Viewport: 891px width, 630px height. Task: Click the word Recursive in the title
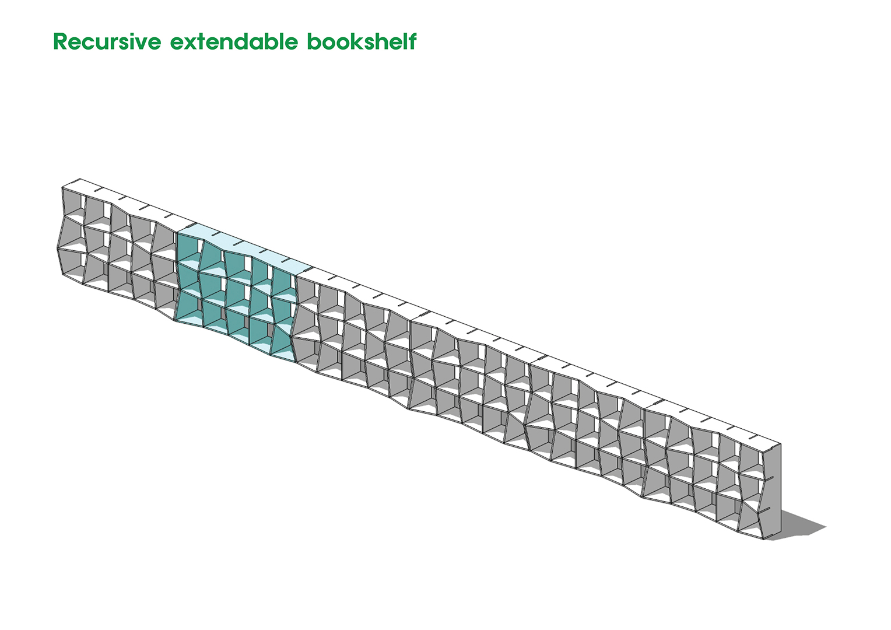click(107, 41)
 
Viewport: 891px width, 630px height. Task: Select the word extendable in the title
click(234, 41)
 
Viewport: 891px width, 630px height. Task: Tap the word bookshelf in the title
click(362, 41)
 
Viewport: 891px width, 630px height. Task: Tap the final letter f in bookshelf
click(412, 41)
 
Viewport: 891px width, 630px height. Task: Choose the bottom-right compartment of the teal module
click(283, 342)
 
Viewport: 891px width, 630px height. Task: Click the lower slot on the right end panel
click(767, 509)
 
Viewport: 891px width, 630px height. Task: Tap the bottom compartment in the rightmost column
click(750, 521)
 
